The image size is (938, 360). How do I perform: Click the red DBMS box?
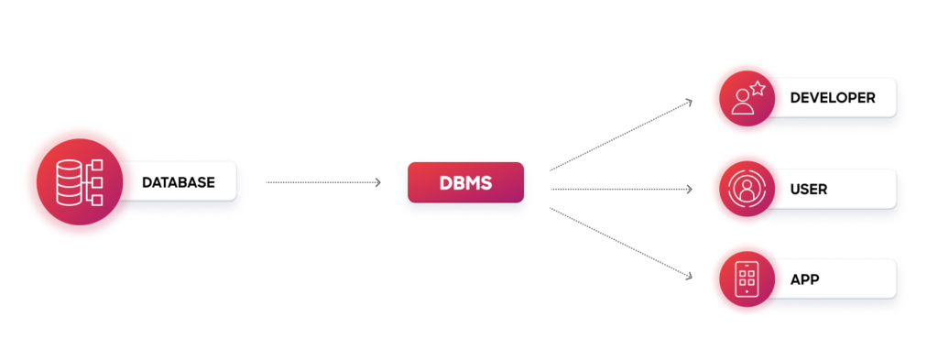(465, 182)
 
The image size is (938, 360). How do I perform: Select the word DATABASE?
(179, 182)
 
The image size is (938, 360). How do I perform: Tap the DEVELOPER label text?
(833, 98)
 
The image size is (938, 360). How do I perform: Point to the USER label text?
(809, 190)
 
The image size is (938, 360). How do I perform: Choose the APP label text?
(804, 279)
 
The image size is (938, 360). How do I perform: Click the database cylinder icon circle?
(80, 181)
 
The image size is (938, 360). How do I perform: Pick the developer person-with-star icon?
(747, 98)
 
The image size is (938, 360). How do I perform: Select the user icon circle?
(747, 189)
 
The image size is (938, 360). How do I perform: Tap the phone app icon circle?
(747, 279)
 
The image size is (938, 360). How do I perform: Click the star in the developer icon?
(758, 89)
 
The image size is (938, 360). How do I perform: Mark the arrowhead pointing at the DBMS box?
(377, 182)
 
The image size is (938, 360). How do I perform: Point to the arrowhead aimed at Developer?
(689, 103)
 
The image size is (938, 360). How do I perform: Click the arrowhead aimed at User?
(689, 189)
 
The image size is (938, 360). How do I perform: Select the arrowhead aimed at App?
(689, 277)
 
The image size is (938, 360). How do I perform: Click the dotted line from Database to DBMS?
(323, 182)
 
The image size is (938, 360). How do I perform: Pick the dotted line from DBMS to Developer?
(621, 136)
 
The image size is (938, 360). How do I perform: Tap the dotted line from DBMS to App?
(621, 244)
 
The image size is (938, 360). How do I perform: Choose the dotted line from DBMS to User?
(621, 189)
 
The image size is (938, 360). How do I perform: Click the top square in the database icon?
(97, 165)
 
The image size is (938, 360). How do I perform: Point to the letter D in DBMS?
(446, 183)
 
